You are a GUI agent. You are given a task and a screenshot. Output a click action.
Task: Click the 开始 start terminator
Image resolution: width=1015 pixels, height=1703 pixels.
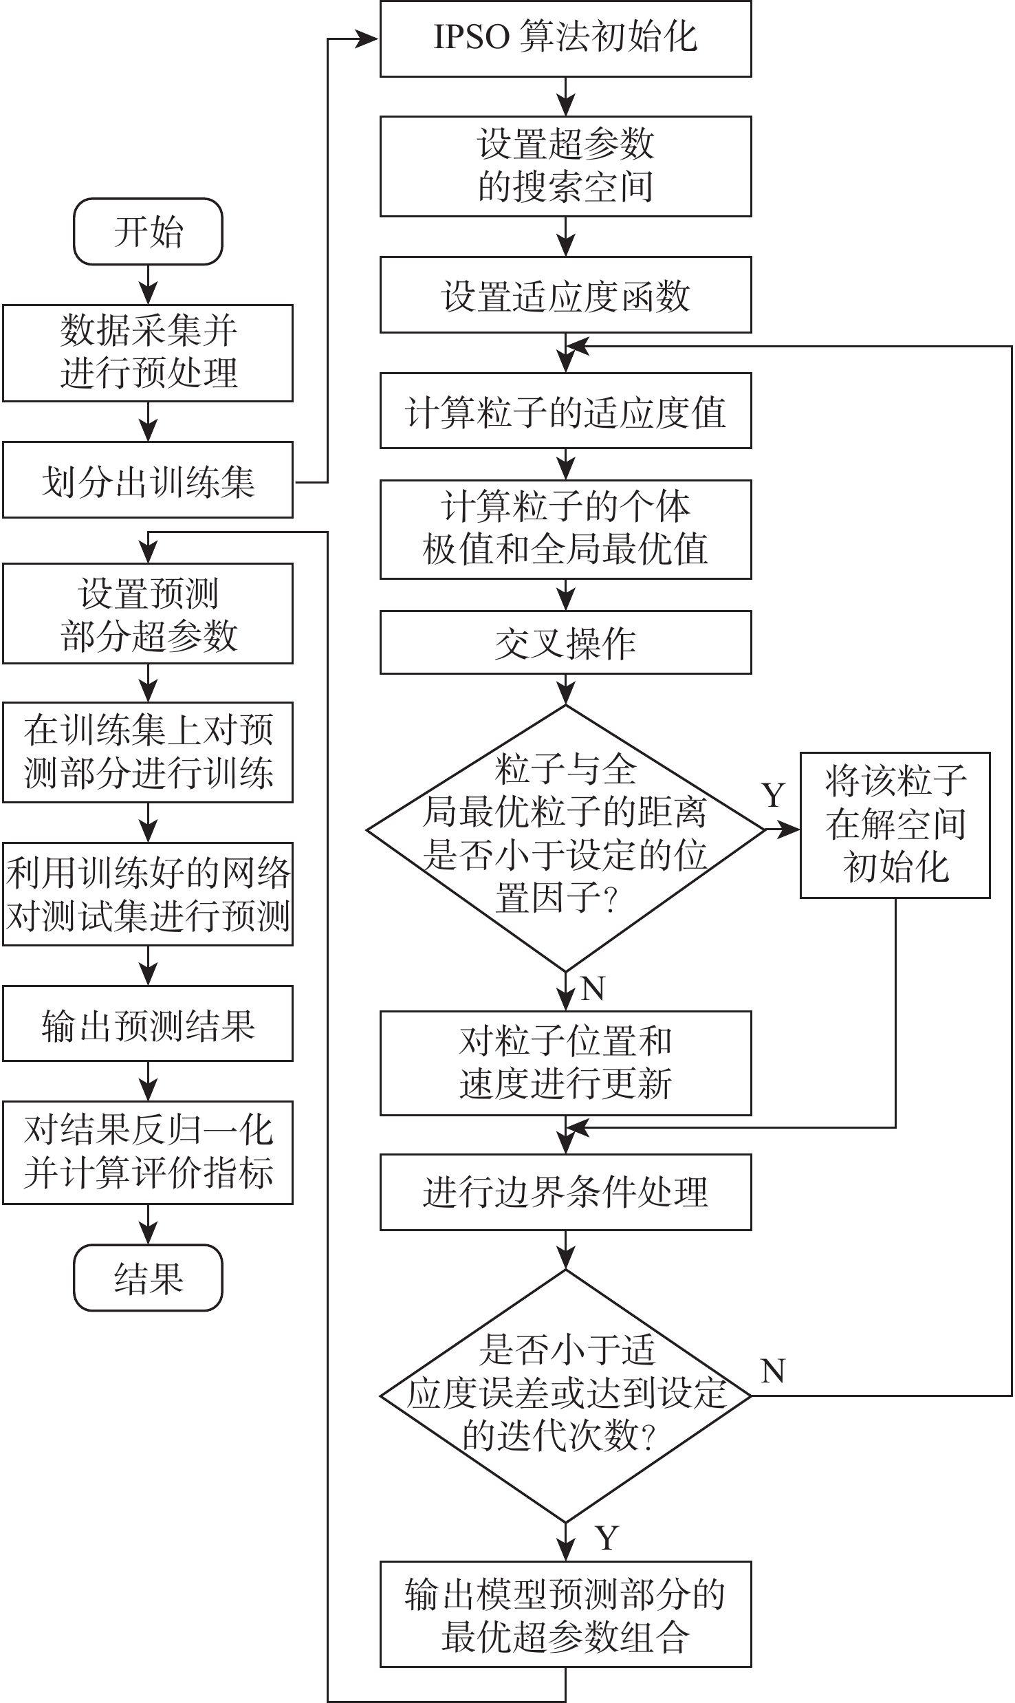point(148,232)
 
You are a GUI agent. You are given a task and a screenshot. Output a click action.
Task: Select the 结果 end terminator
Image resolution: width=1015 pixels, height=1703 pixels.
point(148,1278)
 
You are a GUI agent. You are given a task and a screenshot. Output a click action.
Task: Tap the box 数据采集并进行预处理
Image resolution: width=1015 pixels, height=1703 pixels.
point(148,353)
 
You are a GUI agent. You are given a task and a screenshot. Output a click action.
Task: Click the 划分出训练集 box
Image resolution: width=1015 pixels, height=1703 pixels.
point(148,480)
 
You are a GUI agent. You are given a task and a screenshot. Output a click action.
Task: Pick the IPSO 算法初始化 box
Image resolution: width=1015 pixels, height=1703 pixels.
point(565,39)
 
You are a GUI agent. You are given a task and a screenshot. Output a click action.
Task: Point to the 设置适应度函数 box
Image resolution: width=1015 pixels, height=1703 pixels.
point(565,295)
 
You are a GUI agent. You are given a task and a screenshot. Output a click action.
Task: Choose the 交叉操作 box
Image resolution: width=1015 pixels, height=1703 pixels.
point(565,642)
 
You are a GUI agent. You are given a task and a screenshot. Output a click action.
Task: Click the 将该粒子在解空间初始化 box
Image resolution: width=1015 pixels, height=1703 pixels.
point(895,825)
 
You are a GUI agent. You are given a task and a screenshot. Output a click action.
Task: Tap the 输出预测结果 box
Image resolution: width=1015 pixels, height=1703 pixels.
point(148,1023)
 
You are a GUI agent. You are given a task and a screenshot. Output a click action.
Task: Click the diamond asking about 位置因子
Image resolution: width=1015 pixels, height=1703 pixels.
point(565,831)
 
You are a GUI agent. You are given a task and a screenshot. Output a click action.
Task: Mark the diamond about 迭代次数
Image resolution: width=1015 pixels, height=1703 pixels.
point(565,1396)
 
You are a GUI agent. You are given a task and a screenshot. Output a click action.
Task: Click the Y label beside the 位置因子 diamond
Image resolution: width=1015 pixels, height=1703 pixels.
point(774,796)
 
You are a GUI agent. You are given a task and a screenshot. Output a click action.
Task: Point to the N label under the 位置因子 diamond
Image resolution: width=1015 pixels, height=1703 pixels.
point(593,988)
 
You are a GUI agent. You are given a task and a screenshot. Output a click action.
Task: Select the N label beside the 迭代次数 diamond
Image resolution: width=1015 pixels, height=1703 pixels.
point(773,1371)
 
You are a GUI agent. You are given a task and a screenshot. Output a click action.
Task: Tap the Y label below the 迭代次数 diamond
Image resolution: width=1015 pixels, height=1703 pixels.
point(607,1538)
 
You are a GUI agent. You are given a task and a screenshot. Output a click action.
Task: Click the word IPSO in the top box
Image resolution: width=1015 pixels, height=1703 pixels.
point(471,39)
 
